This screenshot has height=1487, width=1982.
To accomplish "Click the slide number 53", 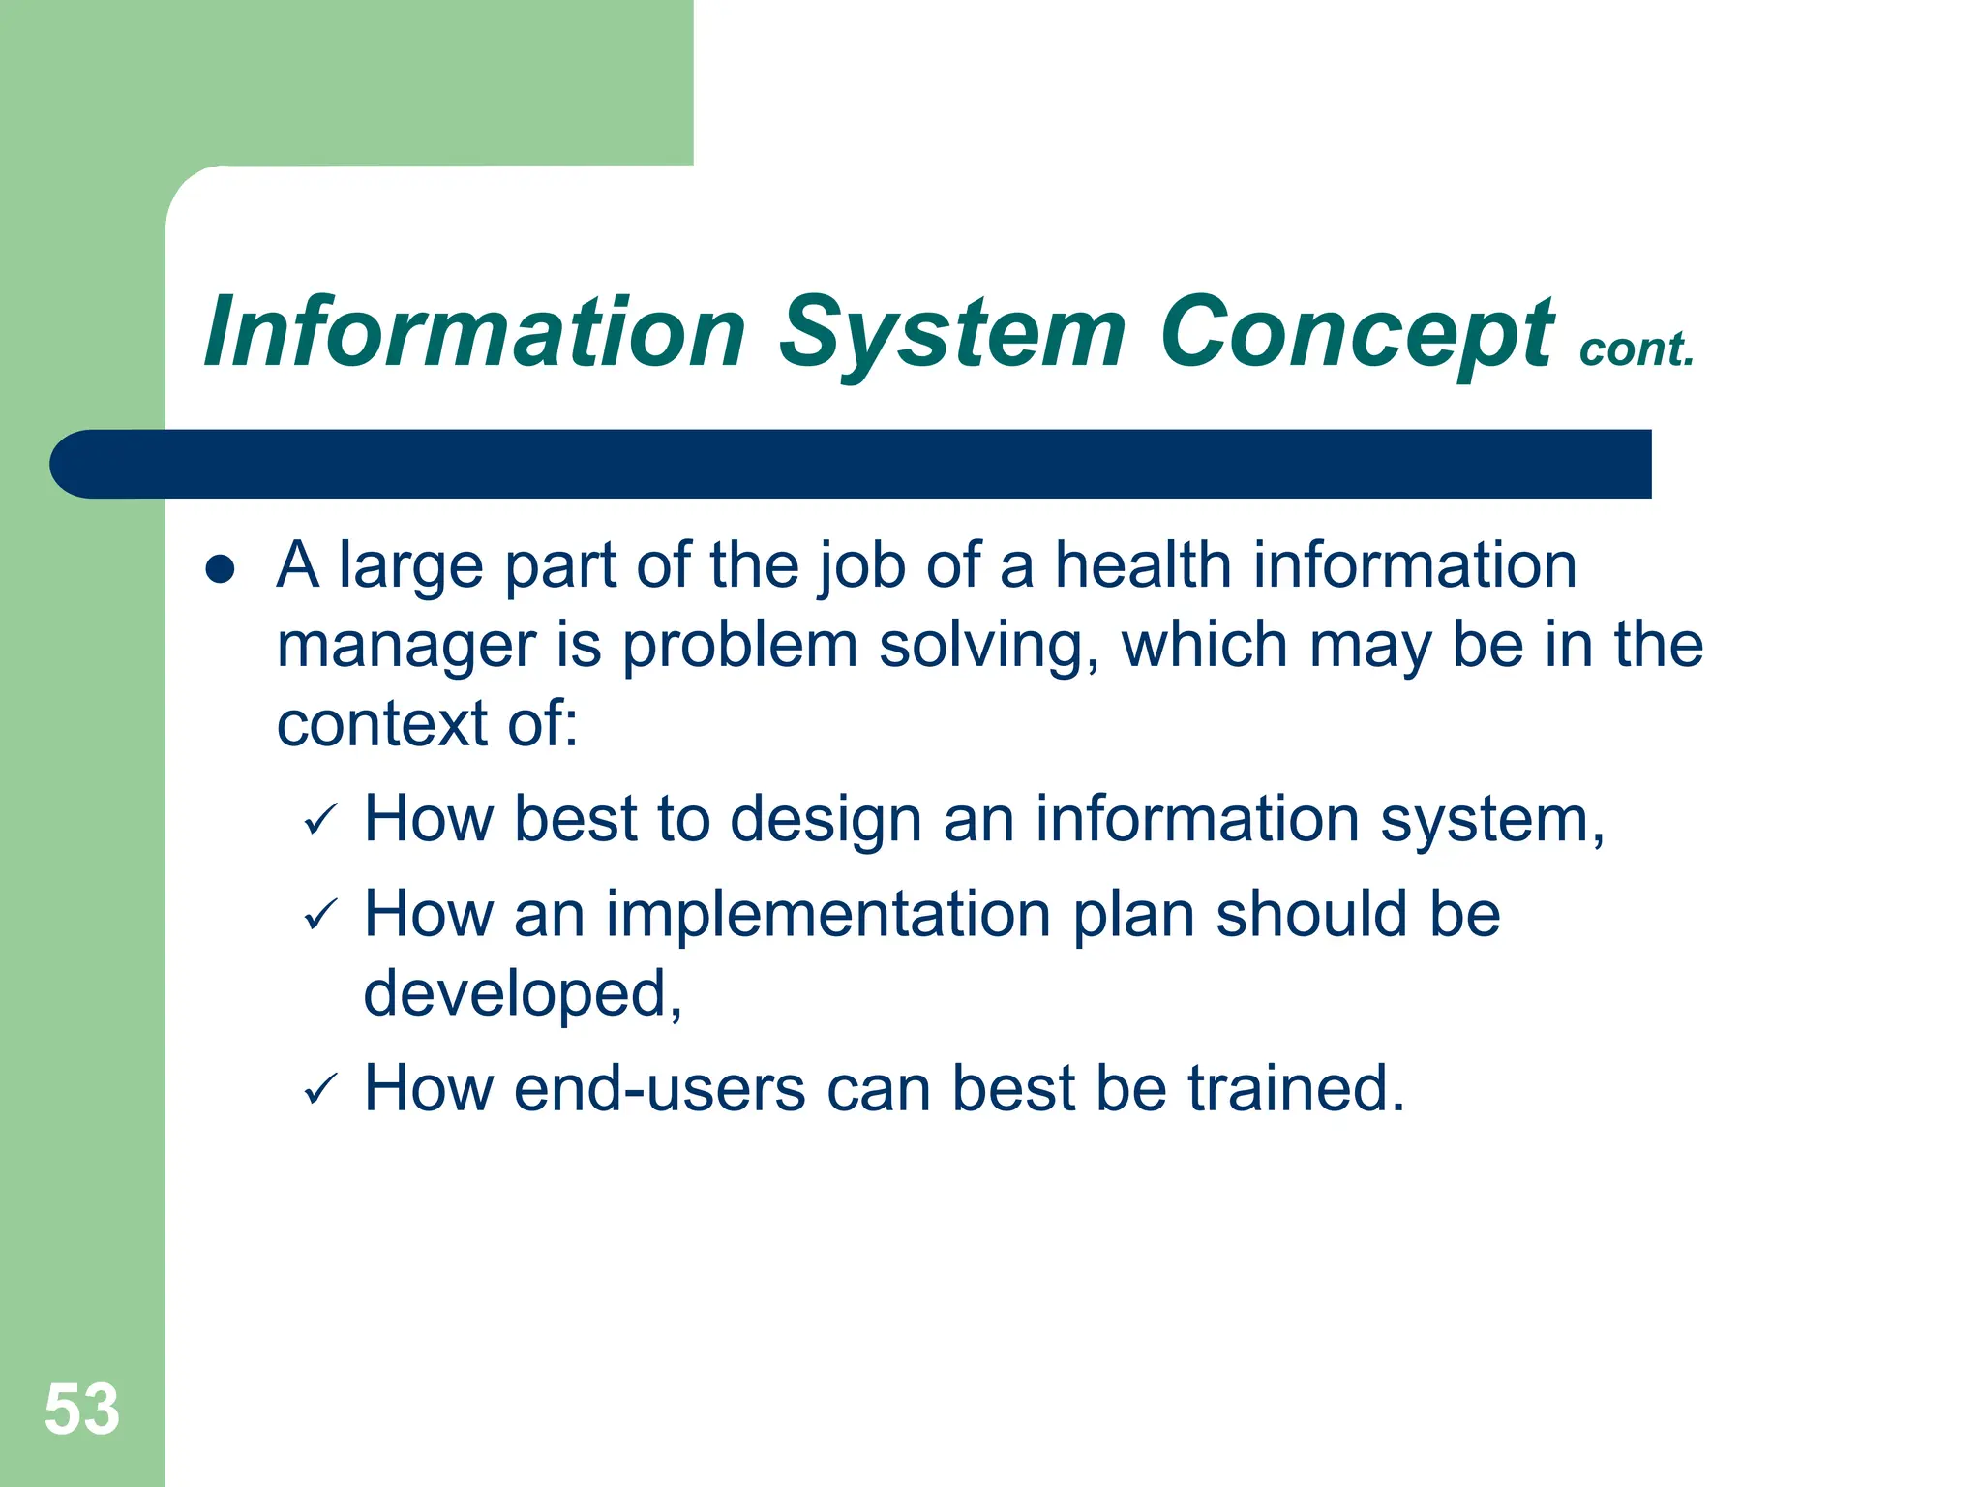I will (x=82, y=1410).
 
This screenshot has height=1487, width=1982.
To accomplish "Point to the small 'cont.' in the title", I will (x=1637, y=349).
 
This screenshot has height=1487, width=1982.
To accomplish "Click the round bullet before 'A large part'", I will (x=221, y=569).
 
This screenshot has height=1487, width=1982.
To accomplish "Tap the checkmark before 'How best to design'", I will (x=319, y=822).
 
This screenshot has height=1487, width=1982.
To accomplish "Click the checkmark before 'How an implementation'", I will (x=319, y=916).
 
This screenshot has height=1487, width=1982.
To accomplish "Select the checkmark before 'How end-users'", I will (x=319, y=1090).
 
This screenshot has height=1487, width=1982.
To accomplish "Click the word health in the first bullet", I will (x=1142, y=565).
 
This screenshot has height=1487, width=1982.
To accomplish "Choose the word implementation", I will (x=828, y=915).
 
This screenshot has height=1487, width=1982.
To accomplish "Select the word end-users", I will (x=659, y=1089).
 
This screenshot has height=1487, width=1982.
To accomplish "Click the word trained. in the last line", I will (x=1296, y=1089).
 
